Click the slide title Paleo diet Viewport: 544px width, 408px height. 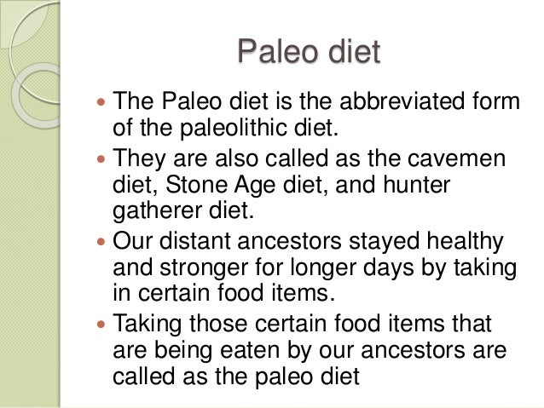308,53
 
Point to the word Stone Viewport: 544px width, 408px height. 214,186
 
